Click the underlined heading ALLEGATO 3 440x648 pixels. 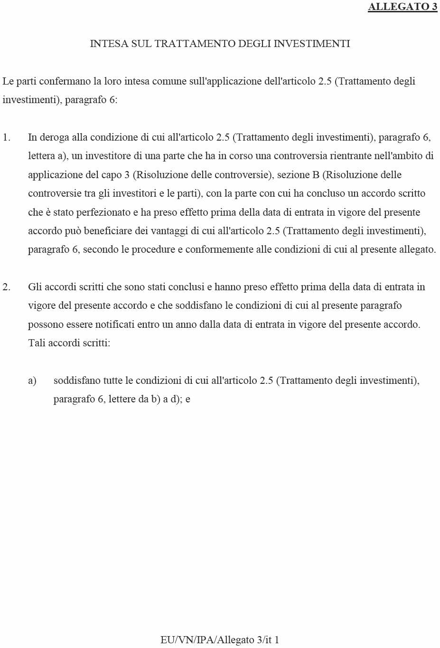pos(403,7)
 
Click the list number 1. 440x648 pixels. pos(6,138)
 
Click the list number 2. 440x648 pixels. pos(6,287)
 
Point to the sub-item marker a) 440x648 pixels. pos(32,381)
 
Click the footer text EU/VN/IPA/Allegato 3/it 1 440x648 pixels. pos(220,639)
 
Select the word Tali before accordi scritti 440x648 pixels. pos(37,343)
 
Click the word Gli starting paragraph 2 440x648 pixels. pos(35,287)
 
